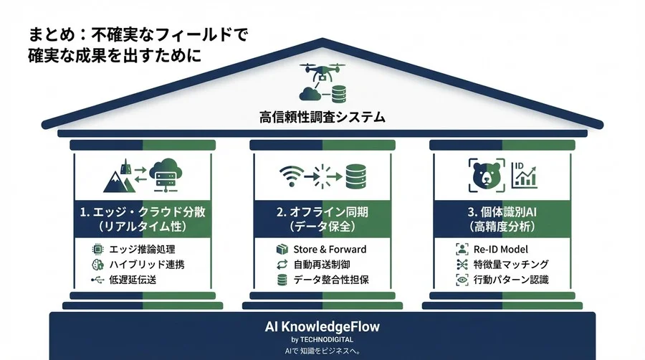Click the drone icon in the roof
[322, 73]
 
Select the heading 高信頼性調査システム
[322, 115]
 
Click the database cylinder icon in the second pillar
[355, 176]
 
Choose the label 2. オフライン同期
[322, 212]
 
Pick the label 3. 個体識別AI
[502, 212]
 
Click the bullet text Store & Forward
[330, 250]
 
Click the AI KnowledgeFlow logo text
[322, 326]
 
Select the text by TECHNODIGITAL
[322, 339]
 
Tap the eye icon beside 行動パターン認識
[462, 280]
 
